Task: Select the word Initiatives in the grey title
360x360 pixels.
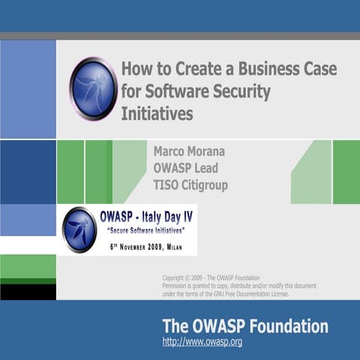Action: point(157,114)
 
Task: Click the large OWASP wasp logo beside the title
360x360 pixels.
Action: point(93,88)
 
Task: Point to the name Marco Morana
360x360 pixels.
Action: point(188,151)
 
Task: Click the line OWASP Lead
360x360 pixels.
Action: point(185,168)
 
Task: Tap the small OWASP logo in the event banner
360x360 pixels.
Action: point(79,229)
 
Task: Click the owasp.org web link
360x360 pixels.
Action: point(202,343)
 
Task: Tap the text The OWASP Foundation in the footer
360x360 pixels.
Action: point(245,326)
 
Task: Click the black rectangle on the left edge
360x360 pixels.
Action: point(28,291)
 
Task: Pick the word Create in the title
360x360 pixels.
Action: point(184,70)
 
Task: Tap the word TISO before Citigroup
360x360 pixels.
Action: point(166,184)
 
